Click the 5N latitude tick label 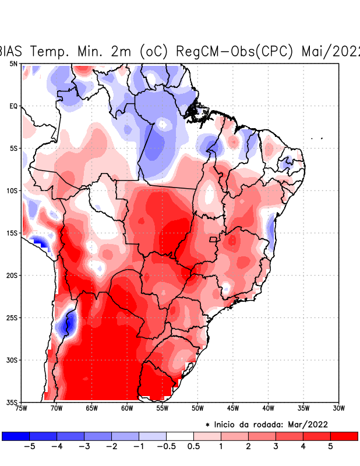13,63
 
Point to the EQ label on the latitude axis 13,106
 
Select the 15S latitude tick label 12,233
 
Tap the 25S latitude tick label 12,317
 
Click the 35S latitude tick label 12,402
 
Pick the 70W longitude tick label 57,408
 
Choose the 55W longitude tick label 163,408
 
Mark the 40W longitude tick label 268,408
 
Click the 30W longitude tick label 339,408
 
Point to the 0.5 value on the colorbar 194,447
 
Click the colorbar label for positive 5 330,447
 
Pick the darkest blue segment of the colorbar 16,436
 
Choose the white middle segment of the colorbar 180,436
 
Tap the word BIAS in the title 13,51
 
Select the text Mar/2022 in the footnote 312,424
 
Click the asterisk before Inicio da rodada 207,425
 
